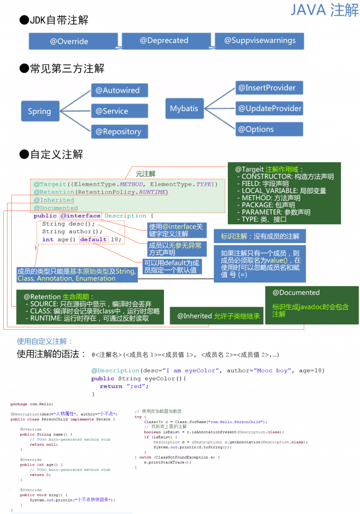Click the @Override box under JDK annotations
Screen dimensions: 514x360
pyautogui.click(x=73, y=41)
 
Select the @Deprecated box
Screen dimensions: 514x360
pyautogui.click(x=164, y=41)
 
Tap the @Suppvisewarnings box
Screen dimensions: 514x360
pyautogui.click(x=259, y=41)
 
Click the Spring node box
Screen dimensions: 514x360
pyautogui.click(x=39, y=111)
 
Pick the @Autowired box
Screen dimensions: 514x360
pyautogui.click(x=119, y=90)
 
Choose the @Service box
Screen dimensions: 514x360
pyautogui.click(x=119, y=111)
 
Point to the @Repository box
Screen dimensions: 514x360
pyautogui.click(x=119, y=132)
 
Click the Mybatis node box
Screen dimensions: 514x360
pyautogui.click(x=184, y=108)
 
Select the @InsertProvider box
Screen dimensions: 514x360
pyautogui.click(x=269, y=88)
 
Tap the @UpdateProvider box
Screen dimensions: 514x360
pyautogui.click(x=269, y=108)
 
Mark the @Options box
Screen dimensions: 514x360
pyautogui.click(x=269, y=129)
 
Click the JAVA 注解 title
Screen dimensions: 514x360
pyautogui.click(x=324, y=10)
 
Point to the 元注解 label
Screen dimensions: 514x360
pyautogui.click(x=145, y=174)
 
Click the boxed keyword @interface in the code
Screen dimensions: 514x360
pyautogui.click(x=81, y=216)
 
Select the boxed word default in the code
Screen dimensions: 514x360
pyautogui.click(x=93, y=239)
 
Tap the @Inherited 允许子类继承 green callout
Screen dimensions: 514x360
pyautogui.click(x=217, y=316)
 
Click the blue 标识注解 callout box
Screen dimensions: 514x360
pyautogui.click(x=260, y=236)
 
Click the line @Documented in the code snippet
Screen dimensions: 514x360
pyautogui.click(x=56, y=208)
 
